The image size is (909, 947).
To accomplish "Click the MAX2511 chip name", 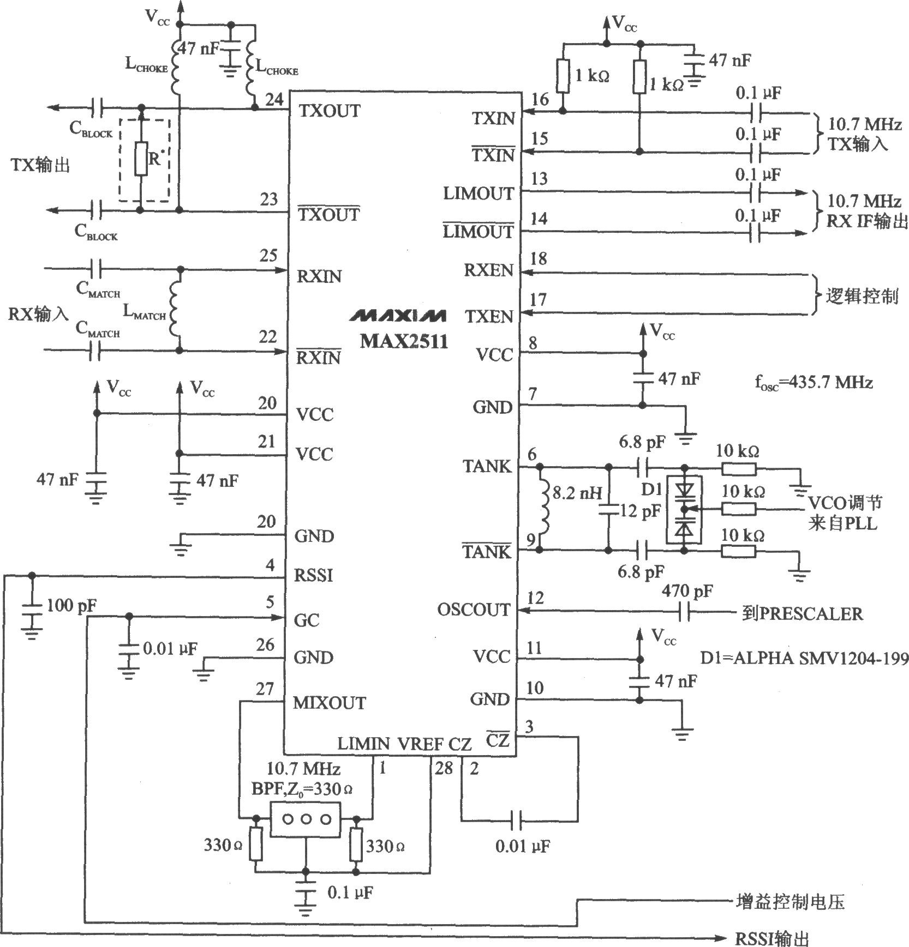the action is [x=404, y=341].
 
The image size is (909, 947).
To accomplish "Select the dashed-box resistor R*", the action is [x=141, y=159].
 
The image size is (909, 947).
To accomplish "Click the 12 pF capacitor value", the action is [x=639, y=511].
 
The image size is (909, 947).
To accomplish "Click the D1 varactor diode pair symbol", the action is [x=684, y=509].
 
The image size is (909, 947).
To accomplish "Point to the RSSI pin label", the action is [x=314, y=576].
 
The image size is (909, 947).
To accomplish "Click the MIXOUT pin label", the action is [x=330, y=703].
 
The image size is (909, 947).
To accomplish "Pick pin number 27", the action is [x=265, y=689].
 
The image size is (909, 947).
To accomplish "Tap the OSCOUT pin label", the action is [x=474, y=610].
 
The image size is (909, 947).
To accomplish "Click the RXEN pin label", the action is [x=488, y=270].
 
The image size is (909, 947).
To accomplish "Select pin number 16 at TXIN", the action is [x=540, y=99].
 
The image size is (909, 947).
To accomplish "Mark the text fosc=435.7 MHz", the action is [x=814, y=383].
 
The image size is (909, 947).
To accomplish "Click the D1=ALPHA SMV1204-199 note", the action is [x=805, y=658].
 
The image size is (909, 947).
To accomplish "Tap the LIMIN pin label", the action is [x=363, y=744].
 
